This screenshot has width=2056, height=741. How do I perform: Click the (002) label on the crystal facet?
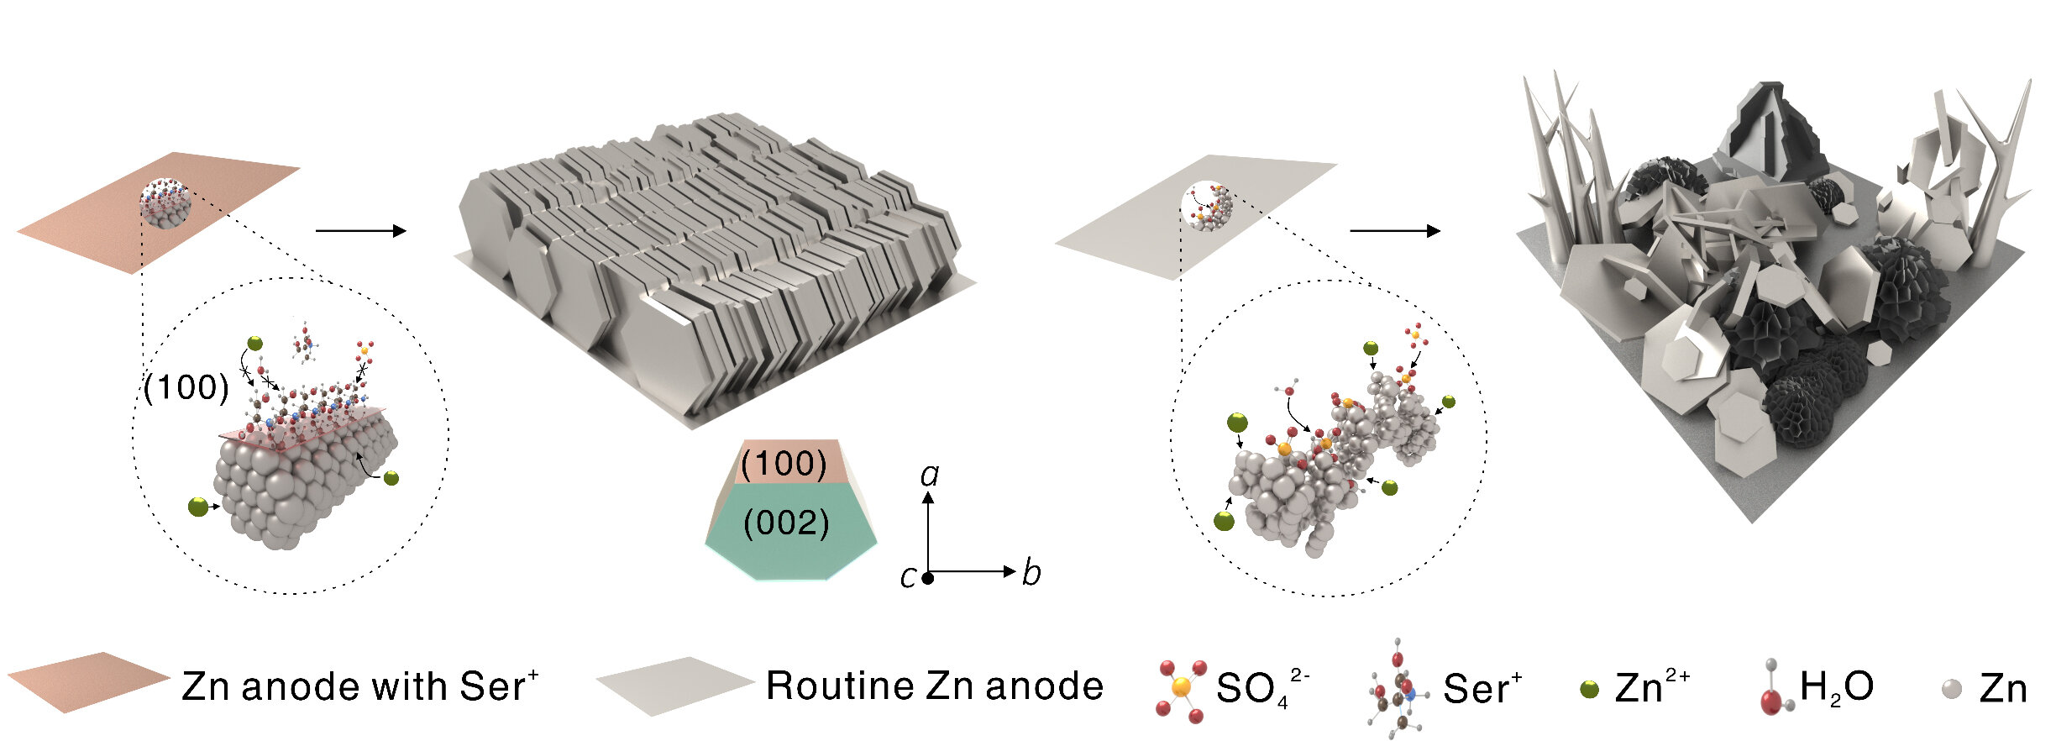coord(786,524)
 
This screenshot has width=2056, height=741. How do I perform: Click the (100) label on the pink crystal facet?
coord(784,463)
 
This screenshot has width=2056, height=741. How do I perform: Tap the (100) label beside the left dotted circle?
coord(186,387)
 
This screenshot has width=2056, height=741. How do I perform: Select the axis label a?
coord(929,476)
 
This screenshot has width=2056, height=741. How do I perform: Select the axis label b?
coord(1031,573)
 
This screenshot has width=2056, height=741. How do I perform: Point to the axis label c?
coord(907,577)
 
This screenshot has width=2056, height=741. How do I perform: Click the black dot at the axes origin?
coord(928,578)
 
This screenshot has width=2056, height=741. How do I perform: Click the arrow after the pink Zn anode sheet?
coord(360,231)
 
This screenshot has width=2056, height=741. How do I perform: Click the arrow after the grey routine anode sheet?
coord(1394,231)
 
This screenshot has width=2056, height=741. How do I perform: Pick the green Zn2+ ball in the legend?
coord(1589,690)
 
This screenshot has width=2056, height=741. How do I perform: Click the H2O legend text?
coord(1836,687)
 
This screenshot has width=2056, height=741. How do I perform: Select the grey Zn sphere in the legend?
coord(1952,689)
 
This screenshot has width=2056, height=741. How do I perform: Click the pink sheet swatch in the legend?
coord(88,681)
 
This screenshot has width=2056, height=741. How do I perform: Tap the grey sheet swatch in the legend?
coord(676,685)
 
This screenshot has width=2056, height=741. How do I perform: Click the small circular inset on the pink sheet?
coord(165,202)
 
